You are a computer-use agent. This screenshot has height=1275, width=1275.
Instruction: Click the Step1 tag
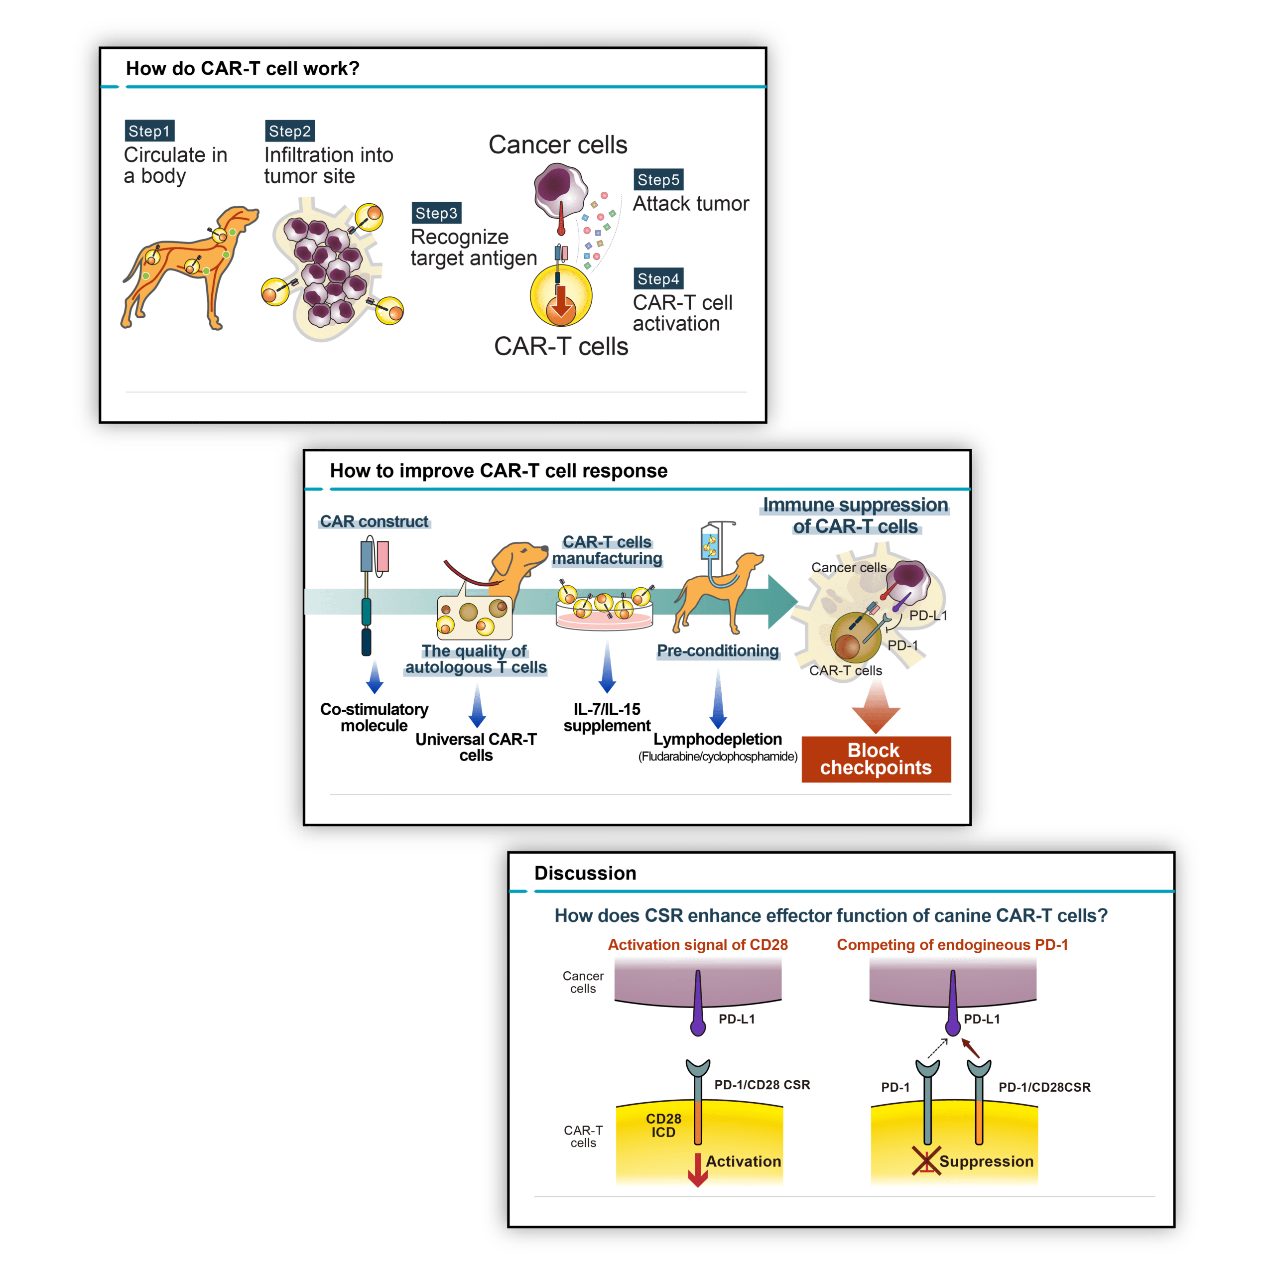tap(149, 130)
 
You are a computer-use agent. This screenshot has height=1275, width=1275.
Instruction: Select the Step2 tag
tap(290, 130)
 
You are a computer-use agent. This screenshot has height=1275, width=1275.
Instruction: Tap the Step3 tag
tap(436, 213)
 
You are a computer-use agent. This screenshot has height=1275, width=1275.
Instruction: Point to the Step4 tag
tap(658, 278)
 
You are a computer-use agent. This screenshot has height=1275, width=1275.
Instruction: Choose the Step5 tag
tap(658, 179)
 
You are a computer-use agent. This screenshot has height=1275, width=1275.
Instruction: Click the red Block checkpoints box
tap(876, 759)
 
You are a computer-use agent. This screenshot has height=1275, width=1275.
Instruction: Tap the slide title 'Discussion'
tap(585, 873)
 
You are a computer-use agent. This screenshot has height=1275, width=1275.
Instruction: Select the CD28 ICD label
tap(663, 1125)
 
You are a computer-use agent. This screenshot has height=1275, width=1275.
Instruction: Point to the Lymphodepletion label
tap(717, 739)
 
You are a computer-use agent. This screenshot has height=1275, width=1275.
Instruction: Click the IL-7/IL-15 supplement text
tap(607, 717)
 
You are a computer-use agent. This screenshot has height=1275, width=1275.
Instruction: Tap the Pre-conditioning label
tap(717, 651)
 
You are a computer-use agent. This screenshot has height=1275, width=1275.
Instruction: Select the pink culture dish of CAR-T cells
tap(605, 617)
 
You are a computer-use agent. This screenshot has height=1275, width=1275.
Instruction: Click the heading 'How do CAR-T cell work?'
tap(242, 69)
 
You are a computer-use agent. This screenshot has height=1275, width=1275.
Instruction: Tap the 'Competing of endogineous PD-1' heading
tap(952, 944)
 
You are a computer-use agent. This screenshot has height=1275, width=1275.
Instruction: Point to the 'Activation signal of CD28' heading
tap(698, 944)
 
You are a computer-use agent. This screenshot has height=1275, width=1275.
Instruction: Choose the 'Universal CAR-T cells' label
tap(476, 747)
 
